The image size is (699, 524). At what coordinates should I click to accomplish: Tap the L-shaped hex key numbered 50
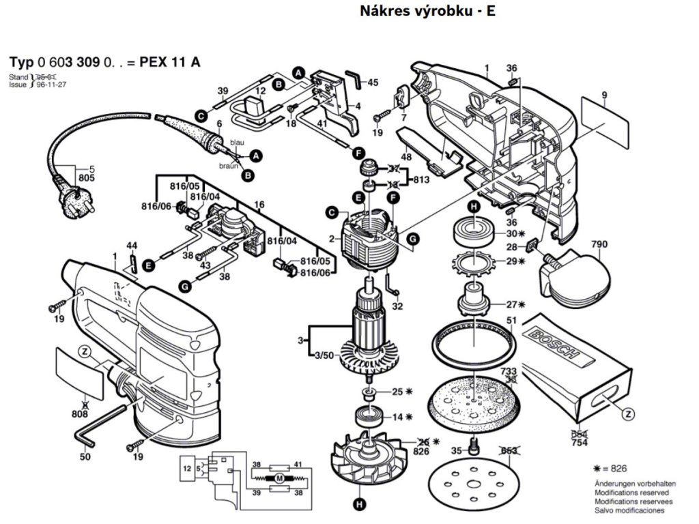[102, 423]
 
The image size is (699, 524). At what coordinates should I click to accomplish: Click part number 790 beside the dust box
[599, 244]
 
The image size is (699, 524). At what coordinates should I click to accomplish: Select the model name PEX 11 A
[169, 63]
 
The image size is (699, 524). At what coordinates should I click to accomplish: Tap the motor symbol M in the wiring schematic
[279, 480]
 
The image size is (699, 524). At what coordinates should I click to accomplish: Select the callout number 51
[511, 320]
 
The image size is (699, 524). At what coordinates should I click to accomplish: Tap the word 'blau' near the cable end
[237, 142]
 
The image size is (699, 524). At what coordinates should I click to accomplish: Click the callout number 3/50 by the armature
[323, 355]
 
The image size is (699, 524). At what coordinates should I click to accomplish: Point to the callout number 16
[259, 205]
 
